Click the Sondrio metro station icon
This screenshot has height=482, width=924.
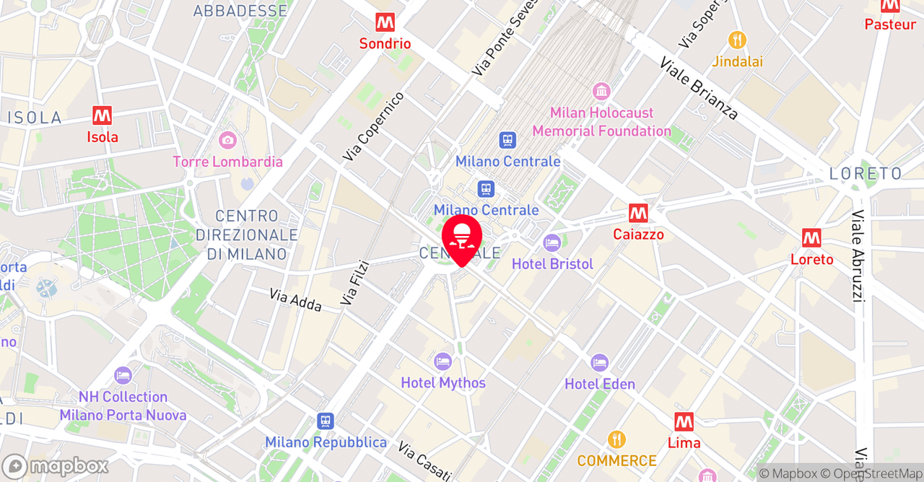click(x=385, y=22)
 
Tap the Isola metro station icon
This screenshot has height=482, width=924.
click(x=103, y=115)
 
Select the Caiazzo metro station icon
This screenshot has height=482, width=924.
click(x=638, y=213)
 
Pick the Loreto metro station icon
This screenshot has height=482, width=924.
click(x=811, y=238)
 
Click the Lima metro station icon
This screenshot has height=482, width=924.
click(x=684, y=421)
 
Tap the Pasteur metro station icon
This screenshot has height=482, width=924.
click(x=890, y=6)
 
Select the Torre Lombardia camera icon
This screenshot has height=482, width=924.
click(x=227, y=140)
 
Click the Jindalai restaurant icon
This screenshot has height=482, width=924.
click(x=737, y=40)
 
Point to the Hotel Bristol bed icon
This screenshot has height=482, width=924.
click(x=552, y=242)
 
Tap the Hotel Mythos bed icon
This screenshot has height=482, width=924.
click(x=443, y=361)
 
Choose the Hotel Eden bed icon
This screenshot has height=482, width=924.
click(x=600, y=362)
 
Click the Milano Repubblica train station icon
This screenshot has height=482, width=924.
click(x=326, y=421)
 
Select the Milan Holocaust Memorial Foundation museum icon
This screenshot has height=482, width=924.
click(x=601, y=92)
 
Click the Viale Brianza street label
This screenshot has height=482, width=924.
click(x=699, y=88)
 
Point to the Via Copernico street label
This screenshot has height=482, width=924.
click(x=373, y=126)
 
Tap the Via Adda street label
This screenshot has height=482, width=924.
click(x=296, y=300)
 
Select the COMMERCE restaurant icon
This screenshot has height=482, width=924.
click(x=616, y=439)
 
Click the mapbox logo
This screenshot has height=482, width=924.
click(x=56, y=466)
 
